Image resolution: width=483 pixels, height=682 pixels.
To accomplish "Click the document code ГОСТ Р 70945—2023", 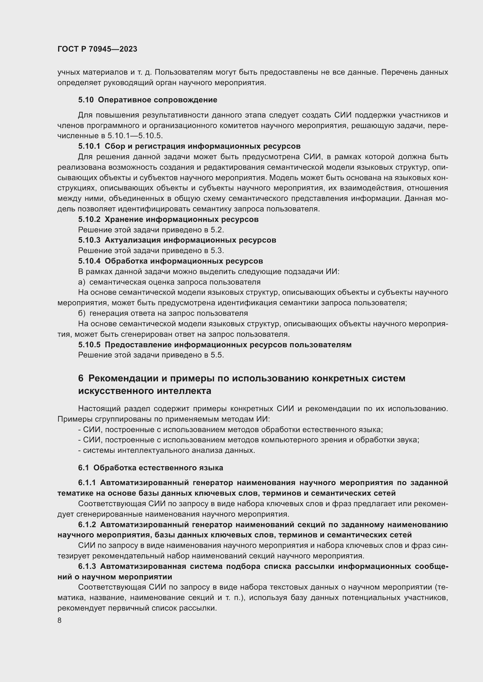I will tap(97, 49).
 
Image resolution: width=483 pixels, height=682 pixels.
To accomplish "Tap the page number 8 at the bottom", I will tap(60, 620).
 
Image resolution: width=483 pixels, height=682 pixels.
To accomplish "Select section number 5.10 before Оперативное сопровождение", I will tap(86, 100).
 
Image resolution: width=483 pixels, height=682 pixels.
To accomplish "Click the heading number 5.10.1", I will tap(90, 146).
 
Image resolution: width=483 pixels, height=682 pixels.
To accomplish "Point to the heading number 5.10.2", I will tap(90, 220).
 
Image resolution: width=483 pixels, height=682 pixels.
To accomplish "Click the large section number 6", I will tap(81, 378).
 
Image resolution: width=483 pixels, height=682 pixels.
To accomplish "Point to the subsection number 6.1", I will tap(84, 468).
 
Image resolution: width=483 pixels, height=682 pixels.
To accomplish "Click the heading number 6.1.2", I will tap(87, 525).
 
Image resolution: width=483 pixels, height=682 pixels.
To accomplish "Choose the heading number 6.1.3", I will tap(87, 567).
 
